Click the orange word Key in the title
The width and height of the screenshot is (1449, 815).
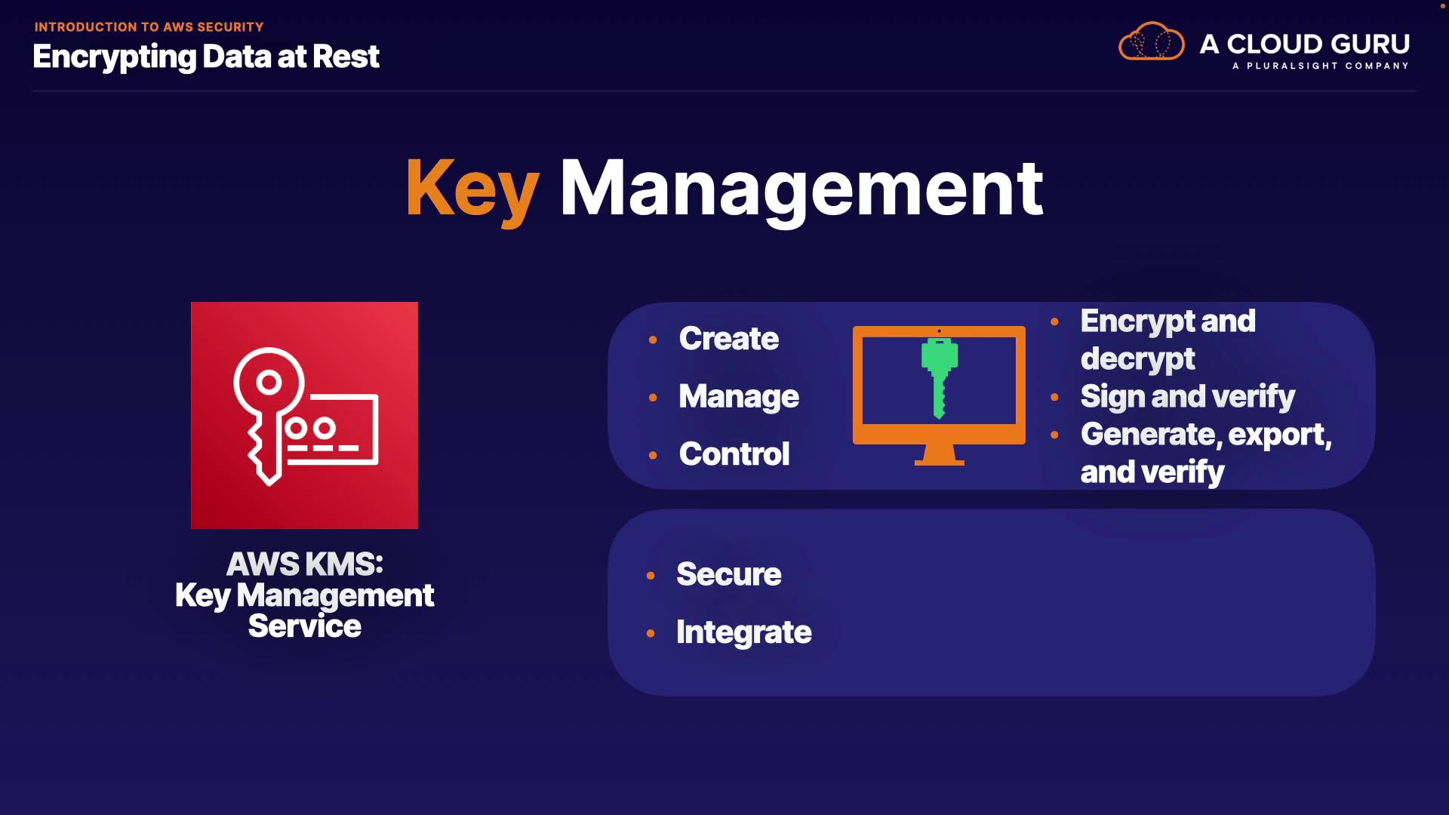(472, 189)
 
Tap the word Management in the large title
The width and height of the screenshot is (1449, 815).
(801, 189)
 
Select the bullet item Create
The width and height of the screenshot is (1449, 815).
(728, 338)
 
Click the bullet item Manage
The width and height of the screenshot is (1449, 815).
(738, 397)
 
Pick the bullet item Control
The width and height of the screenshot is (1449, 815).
(734, 454)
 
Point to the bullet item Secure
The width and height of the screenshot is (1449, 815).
(728, 574)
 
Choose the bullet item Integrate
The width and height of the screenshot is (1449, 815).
(743, 632)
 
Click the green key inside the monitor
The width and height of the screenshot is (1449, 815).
(940, 377)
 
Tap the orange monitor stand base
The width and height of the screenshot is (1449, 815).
(940, 462)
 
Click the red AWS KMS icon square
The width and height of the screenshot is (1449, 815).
(304, 415)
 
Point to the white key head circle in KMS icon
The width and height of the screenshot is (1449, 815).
(269, 383)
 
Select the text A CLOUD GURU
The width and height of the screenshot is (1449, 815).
(1305, 44)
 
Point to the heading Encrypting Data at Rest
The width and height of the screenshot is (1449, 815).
(206, 57)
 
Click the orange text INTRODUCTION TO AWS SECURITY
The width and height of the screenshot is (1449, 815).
(149, 27)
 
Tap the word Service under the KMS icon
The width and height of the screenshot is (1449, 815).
(304, 626)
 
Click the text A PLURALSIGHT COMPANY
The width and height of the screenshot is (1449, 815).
(1321, 66)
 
